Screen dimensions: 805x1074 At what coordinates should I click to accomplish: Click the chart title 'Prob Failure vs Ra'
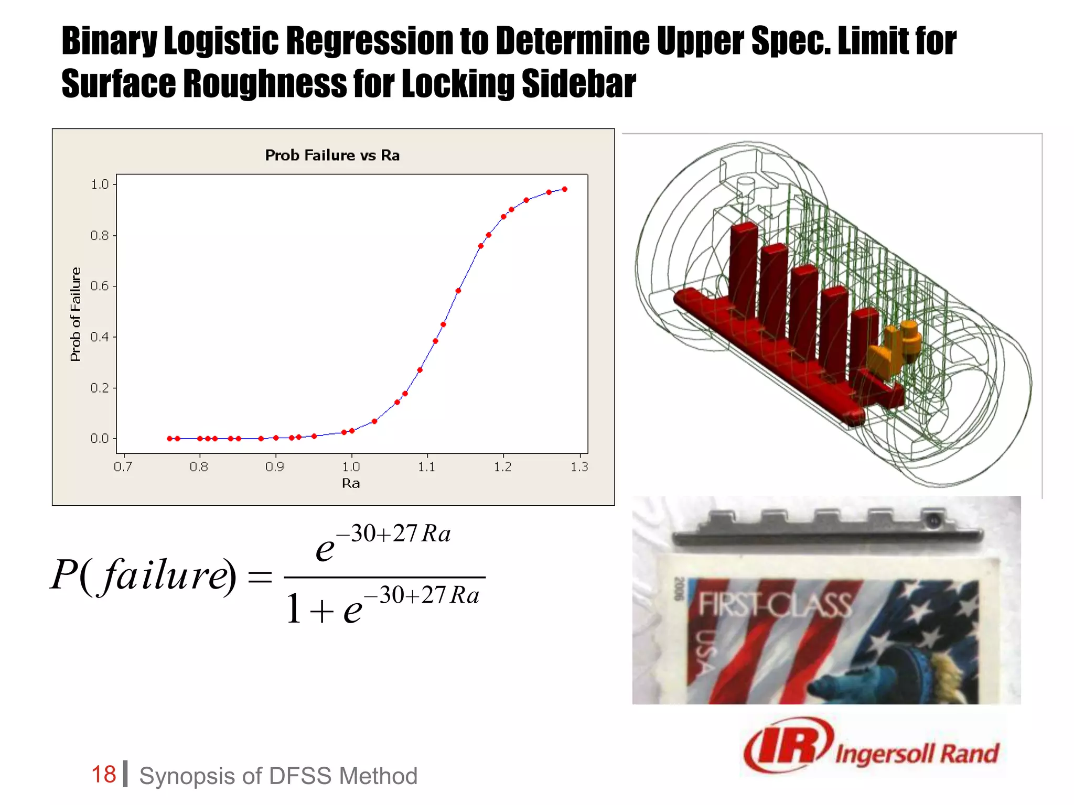pyautogui.click(x=332, y=155)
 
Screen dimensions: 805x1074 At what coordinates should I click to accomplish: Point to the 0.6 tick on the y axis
pyautogui.click(x=100, y=286)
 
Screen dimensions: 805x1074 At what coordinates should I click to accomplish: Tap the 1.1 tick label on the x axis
pyautogui.click(x=427, y=466)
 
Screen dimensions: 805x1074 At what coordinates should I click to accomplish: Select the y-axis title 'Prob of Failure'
pyautogui.click(x=76, y=314)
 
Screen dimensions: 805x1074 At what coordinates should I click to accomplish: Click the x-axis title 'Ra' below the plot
pyautogui.click(x=351, y=483)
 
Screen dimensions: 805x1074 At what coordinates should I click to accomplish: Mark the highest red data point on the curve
pyautogui.click(x=564, y=189)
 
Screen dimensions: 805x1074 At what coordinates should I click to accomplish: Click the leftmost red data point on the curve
pyautogui.click(x=169, y=439)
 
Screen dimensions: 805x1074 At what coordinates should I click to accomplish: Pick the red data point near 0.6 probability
pyautogui.click(x=458, y=290)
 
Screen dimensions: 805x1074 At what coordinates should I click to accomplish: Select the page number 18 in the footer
pyautogui.click(x=103, y=775)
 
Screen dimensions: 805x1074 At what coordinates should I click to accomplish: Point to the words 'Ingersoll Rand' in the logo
pyautogui.click(x=917, y=754)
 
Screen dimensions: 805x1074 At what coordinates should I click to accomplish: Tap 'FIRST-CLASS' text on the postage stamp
pyautogui.click(x=775, y=605)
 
